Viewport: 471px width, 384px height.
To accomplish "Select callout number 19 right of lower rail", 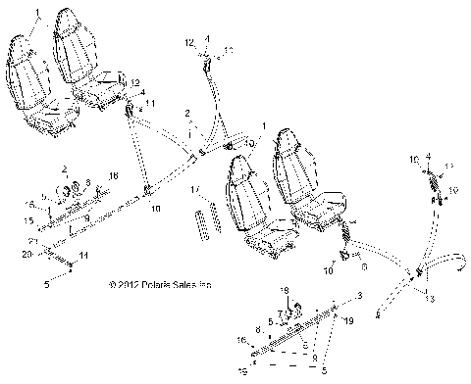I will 346,320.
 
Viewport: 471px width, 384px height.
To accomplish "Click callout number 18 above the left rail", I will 114,174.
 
